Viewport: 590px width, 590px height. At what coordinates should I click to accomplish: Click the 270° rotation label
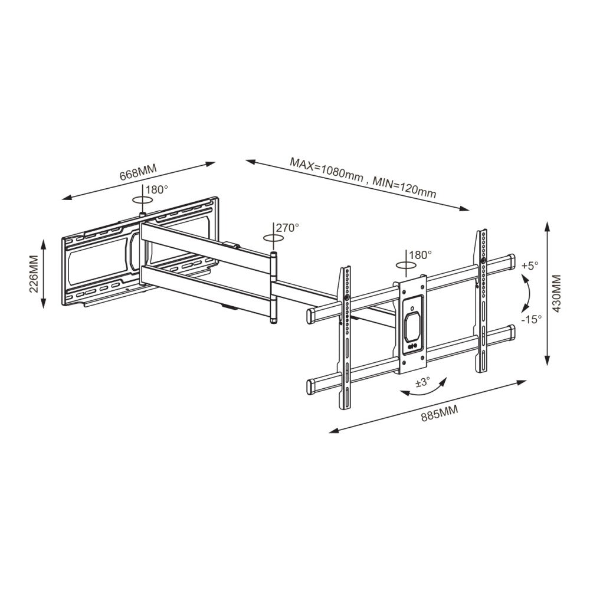[288, 227]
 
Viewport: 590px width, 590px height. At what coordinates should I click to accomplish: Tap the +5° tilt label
[530, 265]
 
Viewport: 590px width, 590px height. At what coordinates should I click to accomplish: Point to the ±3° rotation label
[422, 383]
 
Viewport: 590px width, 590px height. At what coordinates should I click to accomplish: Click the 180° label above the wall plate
[157, 190]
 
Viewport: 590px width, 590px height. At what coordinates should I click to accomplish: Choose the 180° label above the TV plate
[421, 255]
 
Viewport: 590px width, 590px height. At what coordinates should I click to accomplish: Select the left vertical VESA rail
[345, 339]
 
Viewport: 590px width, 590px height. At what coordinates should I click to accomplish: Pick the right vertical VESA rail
[481, 301]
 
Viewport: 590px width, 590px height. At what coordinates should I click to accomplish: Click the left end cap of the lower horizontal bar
[312, 387]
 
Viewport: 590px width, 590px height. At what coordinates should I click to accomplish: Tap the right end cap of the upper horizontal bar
[508, 260]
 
